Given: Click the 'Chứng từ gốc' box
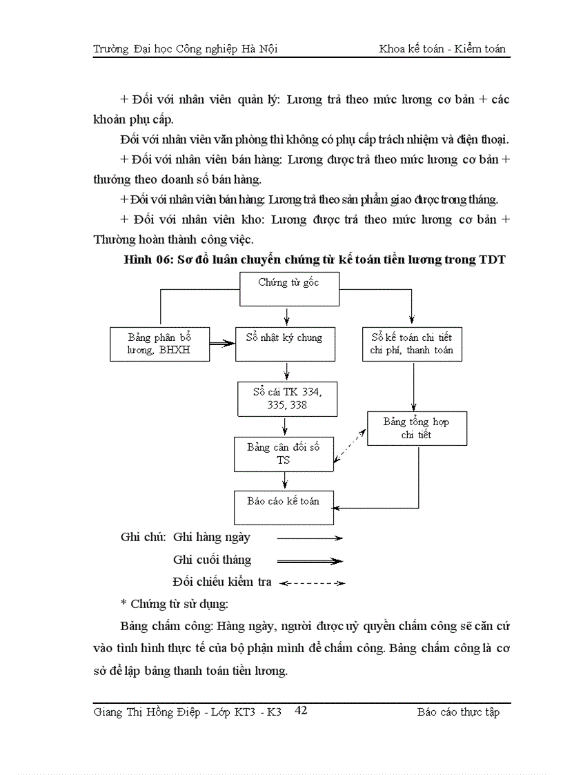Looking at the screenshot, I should point(289,288).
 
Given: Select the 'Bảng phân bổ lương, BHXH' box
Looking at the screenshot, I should point(159,344).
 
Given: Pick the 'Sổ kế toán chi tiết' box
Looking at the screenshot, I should point(411,344).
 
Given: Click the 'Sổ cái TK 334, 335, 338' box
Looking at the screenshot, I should point(286,398).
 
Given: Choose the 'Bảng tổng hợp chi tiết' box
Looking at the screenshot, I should point(416,428).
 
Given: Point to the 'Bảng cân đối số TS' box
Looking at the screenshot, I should point(284,453).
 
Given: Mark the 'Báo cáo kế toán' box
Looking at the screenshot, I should point(284,507).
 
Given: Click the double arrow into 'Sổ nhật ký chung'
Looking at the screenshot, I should point(221,343).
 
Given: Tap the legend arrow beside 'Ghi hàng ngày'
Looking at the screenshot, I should point(309,538).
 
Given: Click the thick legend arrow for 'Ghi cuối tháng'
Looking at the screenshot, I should point(309,560).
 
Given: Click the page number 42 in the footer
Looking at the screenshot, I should point(301,710).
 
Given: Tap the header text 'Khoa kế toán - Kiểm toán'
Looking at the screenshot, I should point(442,49).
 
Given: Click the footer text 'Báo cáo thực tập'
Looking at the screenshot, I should point(458,712).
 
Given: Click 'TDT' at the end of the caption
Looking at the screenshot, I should point(491,260).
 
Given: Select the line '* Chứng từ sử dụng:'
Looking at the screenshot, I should point(174,604).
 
